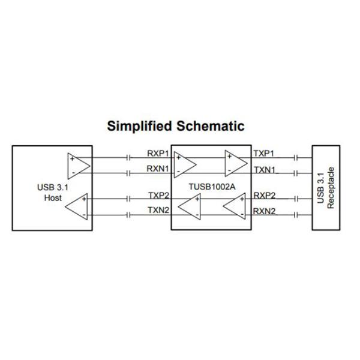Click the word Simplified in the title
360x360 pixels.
pos(139,127)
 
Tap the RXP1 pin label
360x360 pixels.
pos(158,154)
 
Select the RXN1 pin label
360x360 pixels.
pos(158,169)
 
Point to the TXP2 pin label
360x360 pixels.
pos(158,196)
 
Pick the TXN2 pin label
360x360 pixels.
pos(158,210)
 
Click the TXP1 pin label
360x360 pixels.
pos(264,154)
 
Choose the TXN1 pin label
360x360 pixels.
pos(264,170)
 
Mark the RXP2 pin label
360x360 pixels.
pos(264,196)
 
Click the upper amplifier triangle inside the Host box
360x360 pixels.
pos(78,164)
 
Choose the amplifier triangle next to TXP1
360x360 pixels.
pos(235,162)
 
